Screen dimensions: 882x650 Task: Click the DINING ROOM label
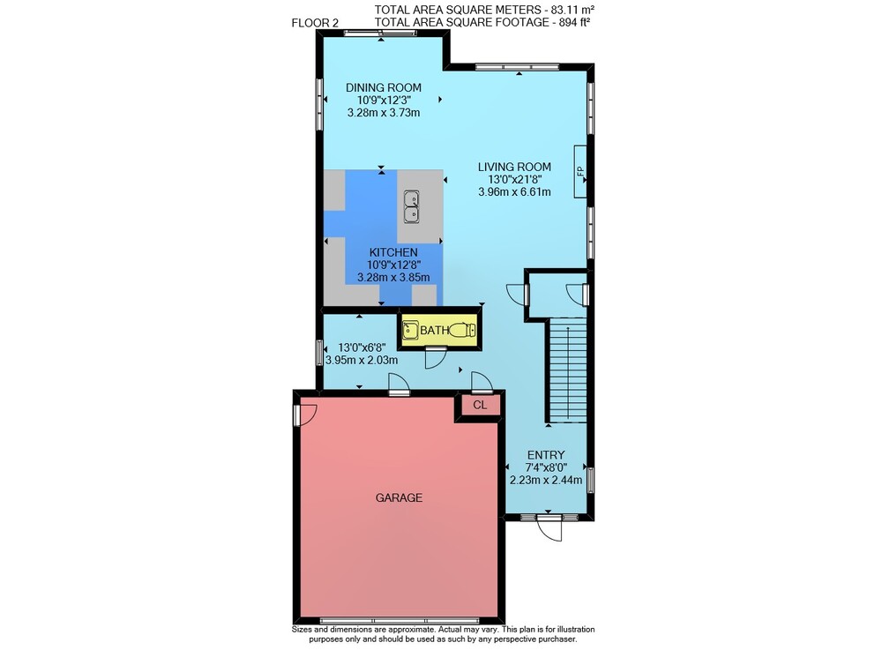pos(383,87)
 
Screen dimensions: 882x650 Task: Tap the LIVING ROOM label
pos(514,167)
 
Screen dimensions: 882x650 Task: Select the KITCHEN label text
pos(393,252)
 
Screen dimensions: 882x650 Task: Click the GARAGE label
pos(399,497)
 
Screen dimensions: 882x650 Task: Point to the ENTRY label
pos(546,455)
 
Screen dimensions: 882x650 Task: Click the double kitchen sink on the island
pos(412,207)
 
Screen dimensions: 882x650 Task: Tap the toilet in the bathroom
pos(463,330)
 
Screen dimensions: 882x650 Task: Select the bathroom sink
pos(411,330)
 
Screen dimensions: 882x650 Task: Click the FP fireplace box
pos(580,171)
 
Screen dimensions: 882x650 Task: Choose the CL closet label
pos(480,405)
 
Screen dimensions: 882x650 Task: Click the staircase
pos(567,370)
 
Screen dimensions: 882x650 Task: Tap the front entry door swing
pos(550,528)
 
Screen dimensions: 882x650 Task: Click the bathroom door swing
pos(436,358)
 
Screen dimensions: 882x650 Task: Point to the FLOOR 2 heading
pos(315,23)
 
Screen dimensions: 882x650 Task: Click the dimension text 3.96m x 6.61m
pos(514,191)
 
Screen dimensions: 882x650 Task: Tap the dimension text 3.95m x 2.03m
pos(362,360)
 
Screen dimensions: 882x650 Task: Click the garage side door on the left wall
pos(305,415)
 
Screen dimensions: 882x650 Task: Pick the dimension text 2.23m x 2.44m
pos(546,480)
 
